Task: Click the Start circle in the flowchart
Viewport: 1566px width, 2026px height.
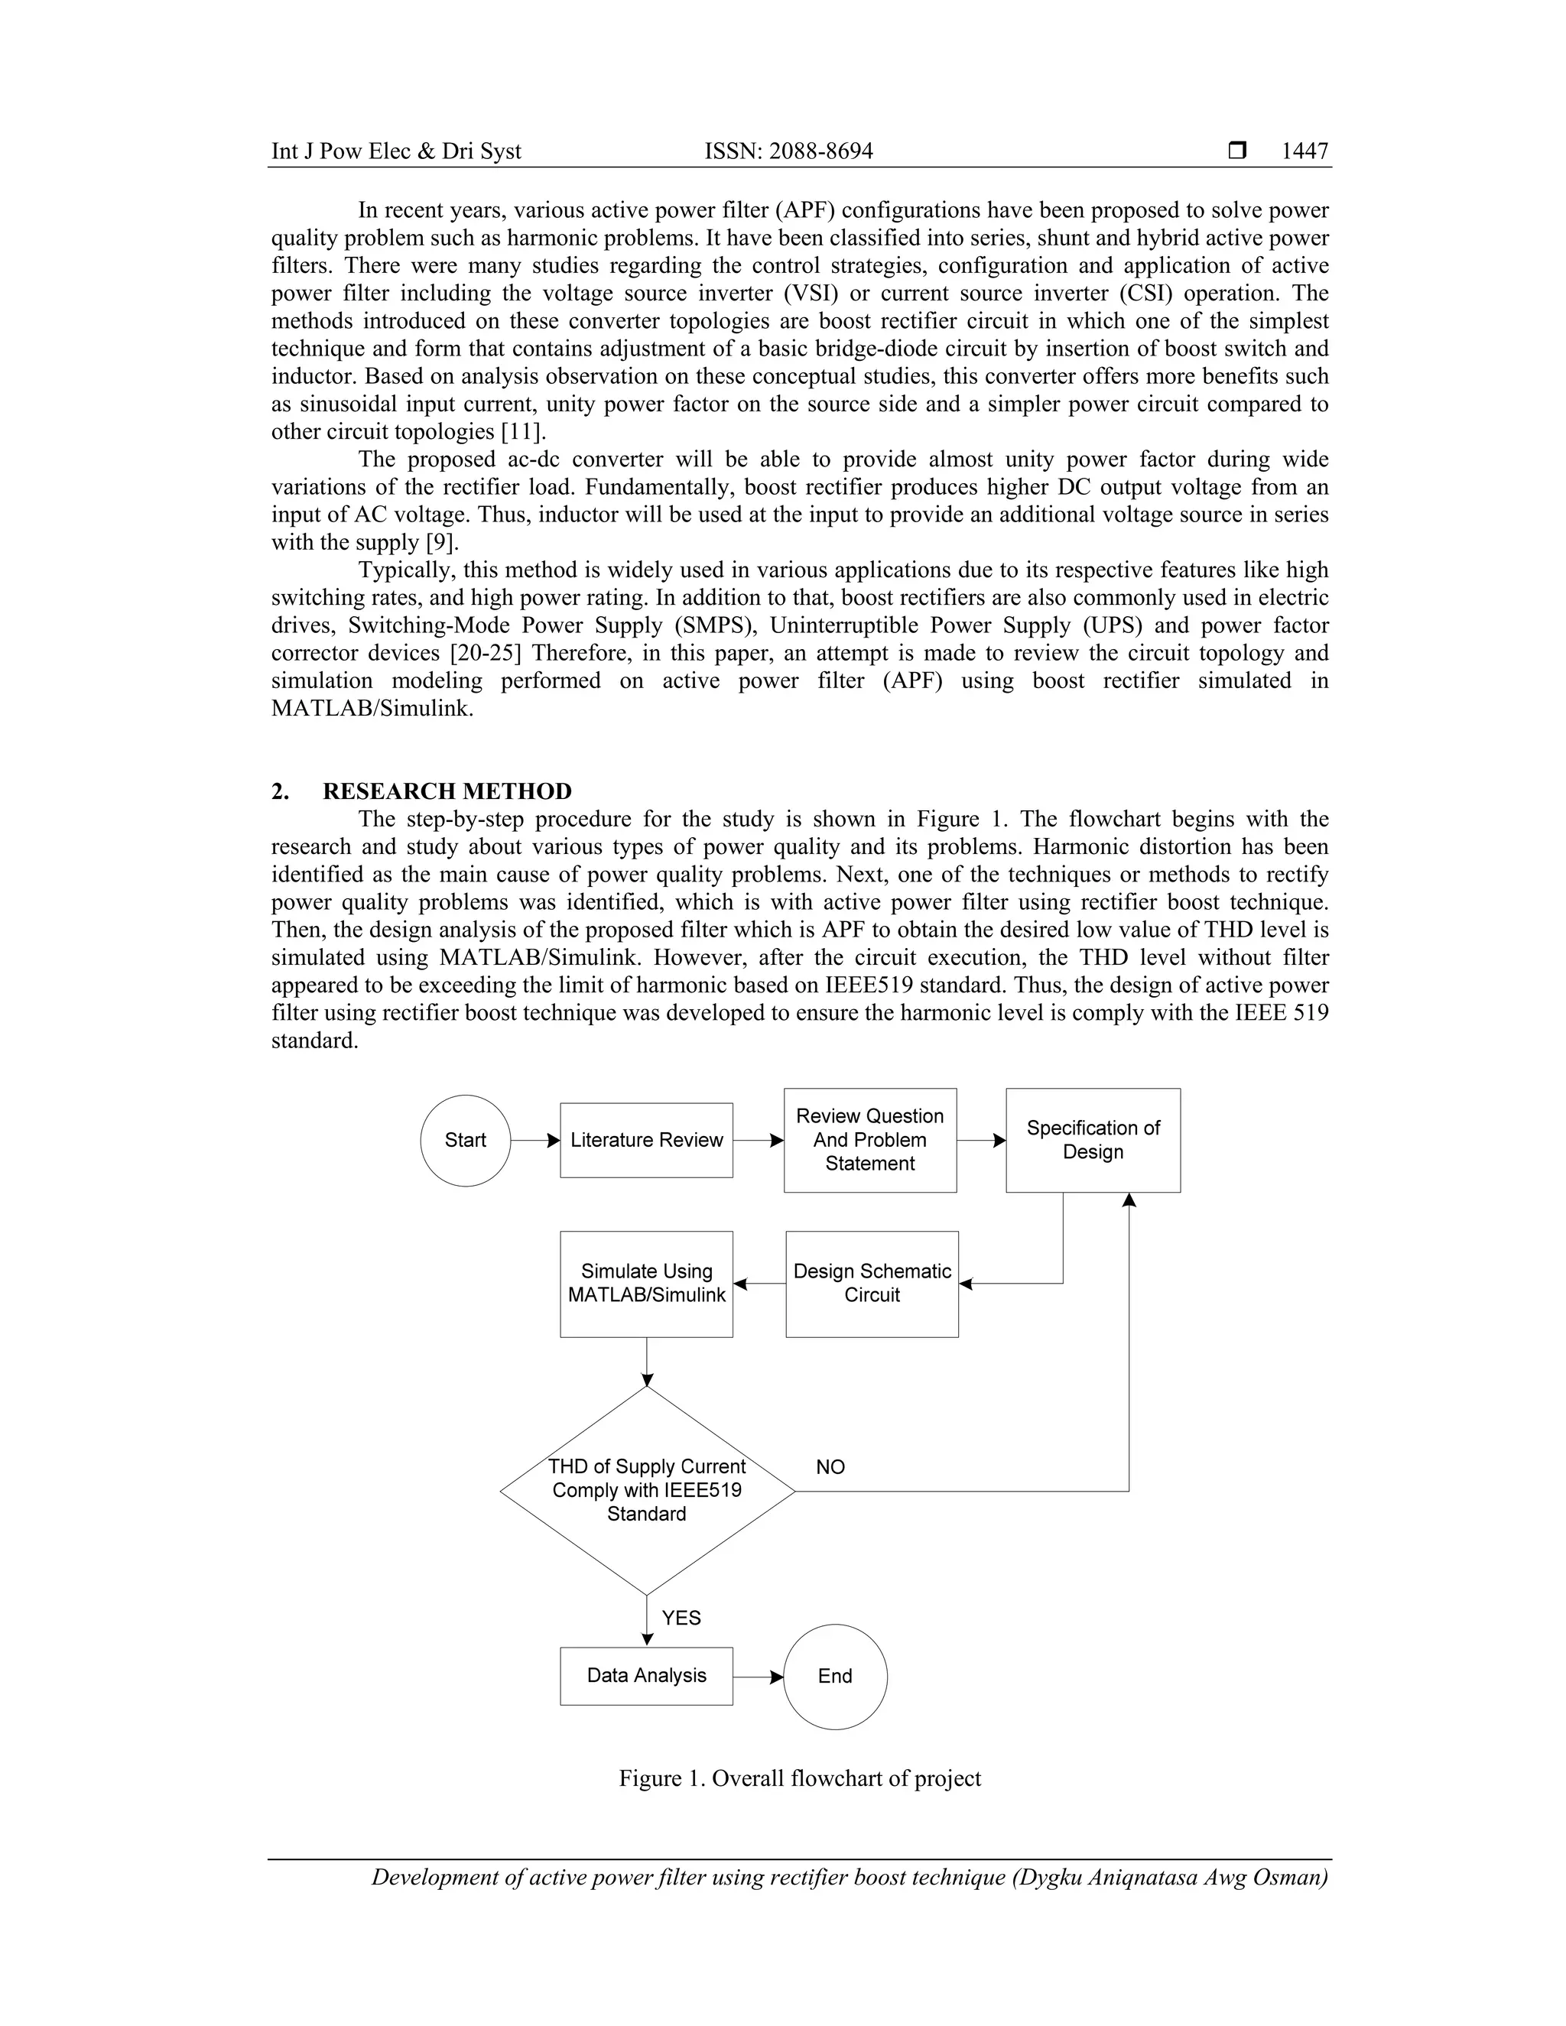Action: pyautogui.click(x=465, y=1140)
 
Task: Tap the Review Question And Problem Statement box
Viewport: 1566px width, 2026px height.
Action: pyautogui.click(x=869, y=1140)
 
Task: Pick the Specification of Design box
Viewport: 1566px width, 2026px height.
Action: pyautogui.click(x=1093, y=1140)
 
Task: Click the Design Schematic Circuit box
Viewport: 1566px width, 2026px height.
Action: pyautogui.click(x=871, y=1284)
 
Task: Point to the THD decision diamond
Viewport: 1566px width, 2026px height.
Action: pyautogui.click(x=647, y=1491)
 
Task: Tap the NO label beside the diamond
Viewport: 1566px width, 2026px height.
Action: pyautogui.click(x=830, y=1466)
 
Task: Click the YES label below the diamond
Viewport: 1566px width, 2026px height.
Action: pyautogui.click(x=681, y=1618)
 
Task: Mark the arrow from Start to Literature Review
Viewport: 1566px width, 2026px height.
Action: pyautogui.click(x=535, y=1140)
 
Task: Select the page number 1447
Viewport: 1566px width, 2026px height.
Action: pyautogui.click(x=1304, y=151)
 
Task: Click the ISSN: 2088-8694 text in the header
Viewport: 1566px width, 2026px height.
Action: pyautogui.click(x=788, y=151)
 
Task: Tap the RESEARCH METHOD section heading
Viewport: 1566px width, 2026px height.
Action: pyautogui.click(x=447, y=791)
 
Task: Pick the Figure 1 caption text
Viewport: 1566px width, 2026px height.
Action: pyautogui.click(x=800, y=1778)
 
